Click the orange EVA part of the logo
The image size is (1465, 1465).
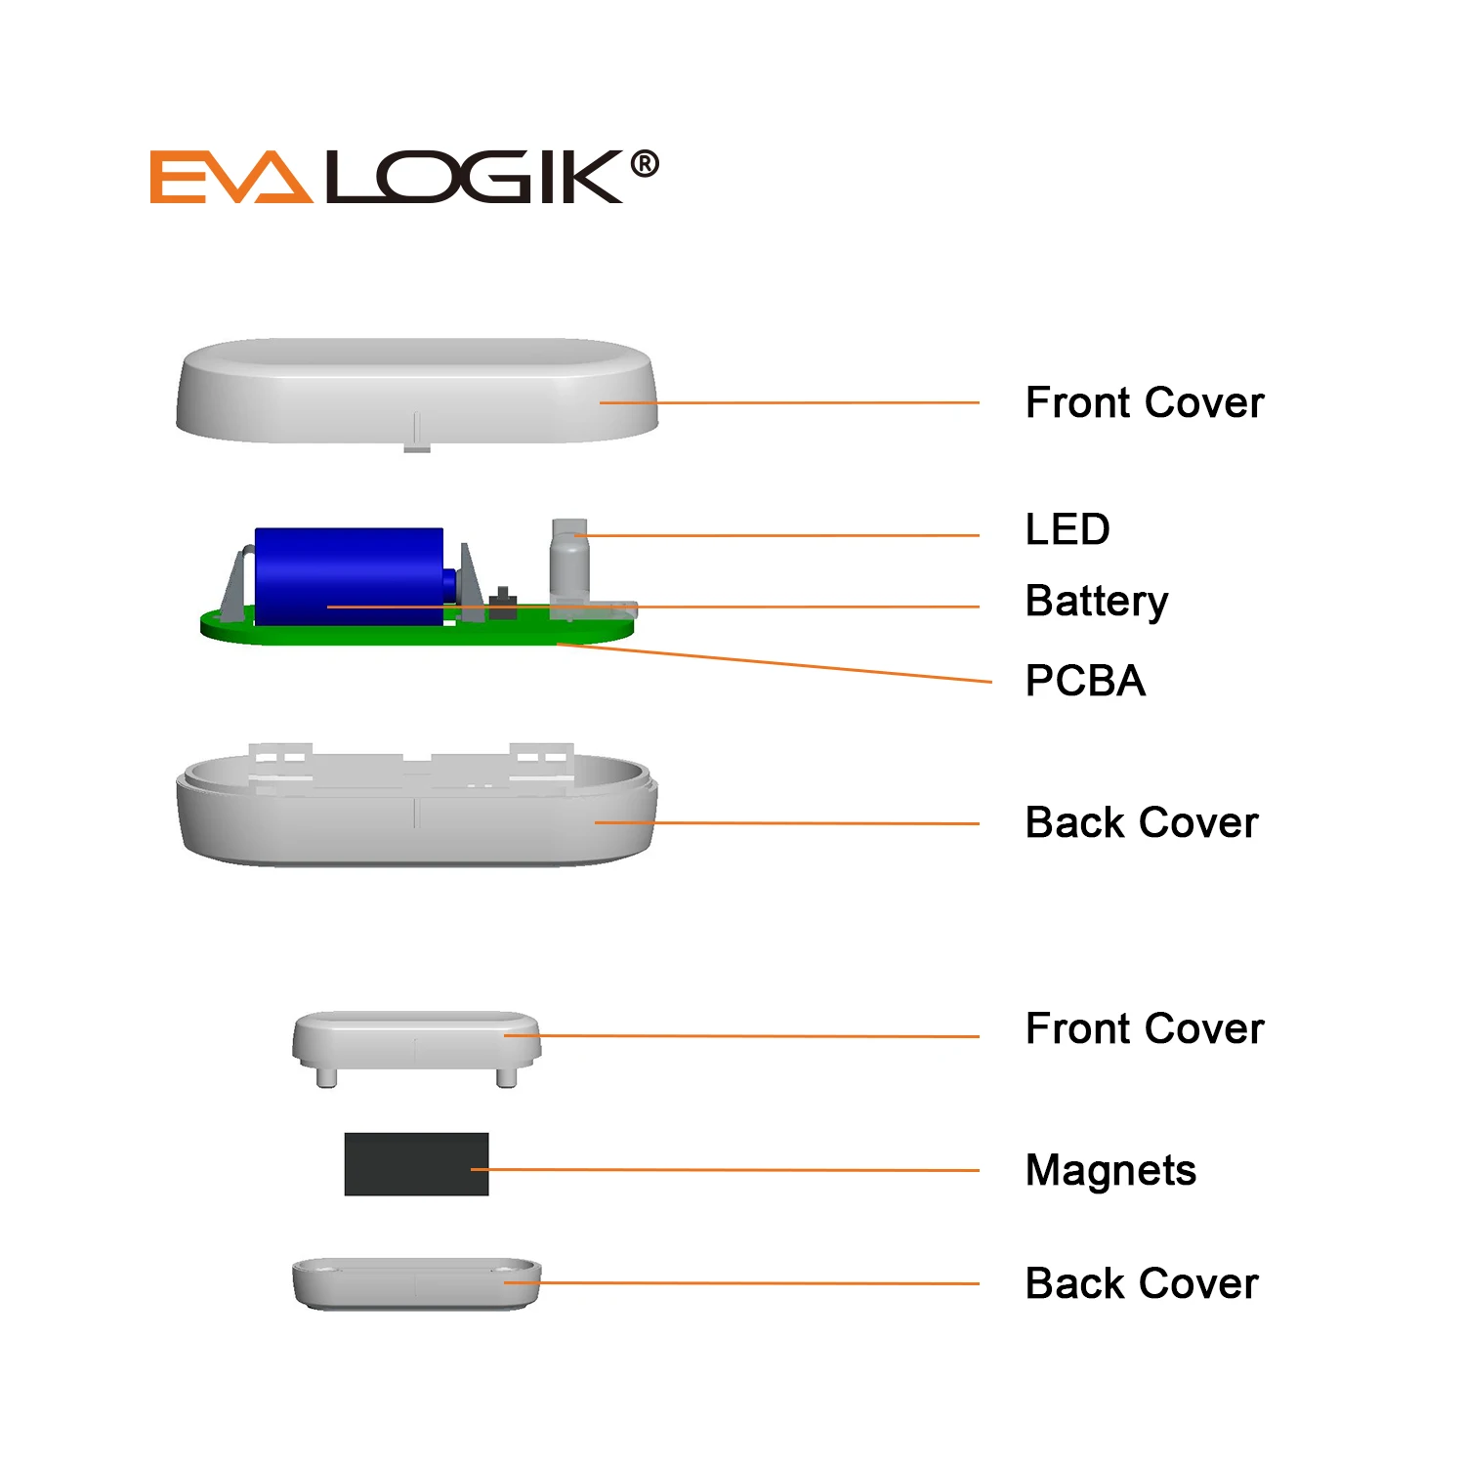point(230,178)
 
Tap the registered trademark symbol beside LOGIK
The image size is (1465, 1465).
point(644,164)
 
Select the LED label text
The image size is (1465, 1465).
point(1067,530)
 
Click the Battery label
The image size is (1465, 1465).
point(1096,602)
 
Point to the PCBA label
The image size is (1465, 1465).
point(1085,681)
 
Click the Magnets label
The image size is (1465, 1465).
point(1110,1170)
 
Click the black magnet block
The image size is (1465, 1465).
point(416,1164)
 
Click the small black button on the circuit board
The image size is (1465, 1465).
point(503,603)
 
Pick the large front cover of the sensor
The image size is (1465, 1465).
point(417,391)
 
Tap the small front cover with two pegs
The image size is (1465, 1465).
point(416,1040)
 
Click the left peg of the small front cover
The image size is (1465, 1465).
point(326,1076)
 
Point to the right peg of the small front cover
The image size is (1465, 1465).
point(506,1076)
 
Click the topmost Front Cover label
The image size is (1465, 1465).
point(1144,403)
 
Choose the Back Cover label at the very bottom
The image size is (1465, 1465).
point(1142,1284)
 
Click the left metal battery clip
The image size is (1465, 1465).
point(234,586)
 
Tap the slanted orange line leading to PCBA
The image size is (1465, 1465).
point(781,663)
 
